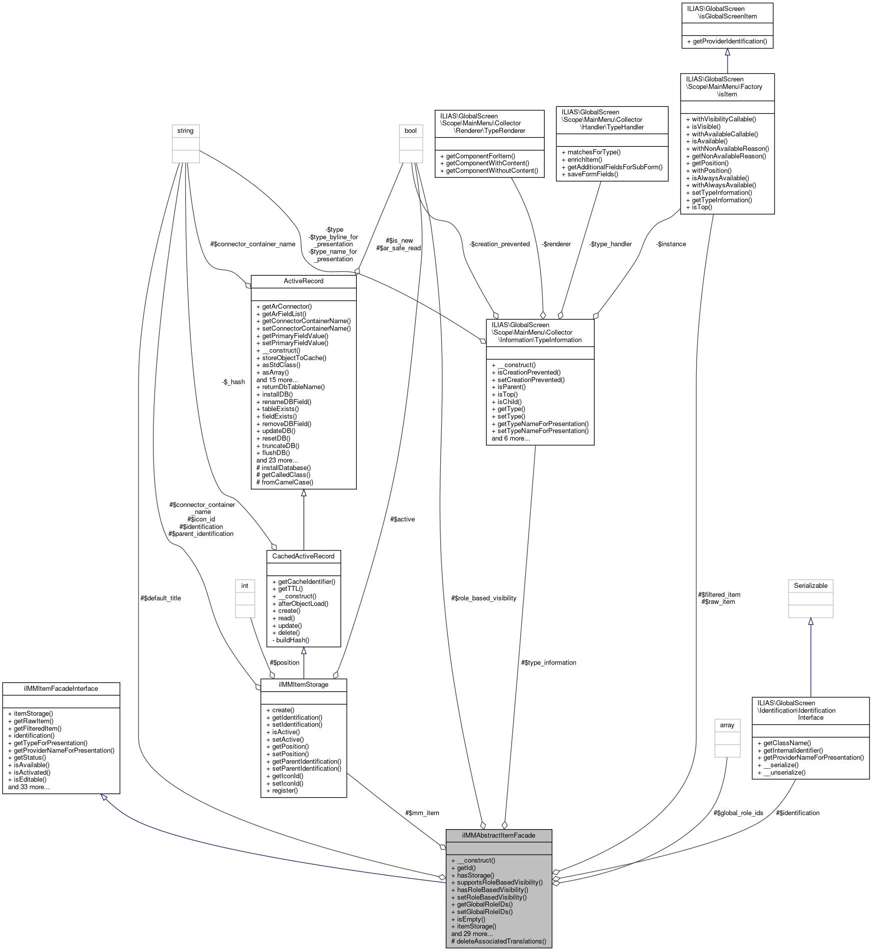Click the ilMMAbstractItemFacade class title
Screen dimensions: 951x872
[498, 835]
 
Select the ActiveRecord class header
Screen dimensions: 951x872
[303, 281]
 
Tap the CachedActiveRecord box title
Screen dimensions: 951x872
[303, 556]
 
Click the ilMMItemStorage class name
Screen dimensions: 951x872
[303, 684]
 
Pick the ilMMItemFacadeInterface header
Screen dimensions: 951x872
[61, 688]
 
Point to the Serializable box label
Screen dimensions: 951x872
[811, 585]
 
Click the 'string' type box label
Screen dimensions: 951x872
[185, 130]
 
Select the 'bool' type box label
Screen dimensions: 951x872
[411, 130]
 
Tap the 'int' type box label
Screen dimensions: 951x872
[245, 585]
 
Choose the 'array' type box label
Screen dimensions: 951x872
[727, 725]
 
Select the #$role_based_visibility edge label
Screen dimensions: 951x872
[484, 598]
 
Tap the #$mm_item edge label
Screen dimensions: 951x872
[422, 813]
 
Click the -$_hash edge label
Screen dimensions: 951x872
[233, 382]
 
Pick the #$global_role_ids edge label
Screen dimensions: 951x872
[738, 813]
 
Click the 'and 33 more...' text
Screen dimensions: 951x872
[29, 787]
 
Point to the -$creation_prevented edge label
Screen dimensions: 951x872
[499, 244]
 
